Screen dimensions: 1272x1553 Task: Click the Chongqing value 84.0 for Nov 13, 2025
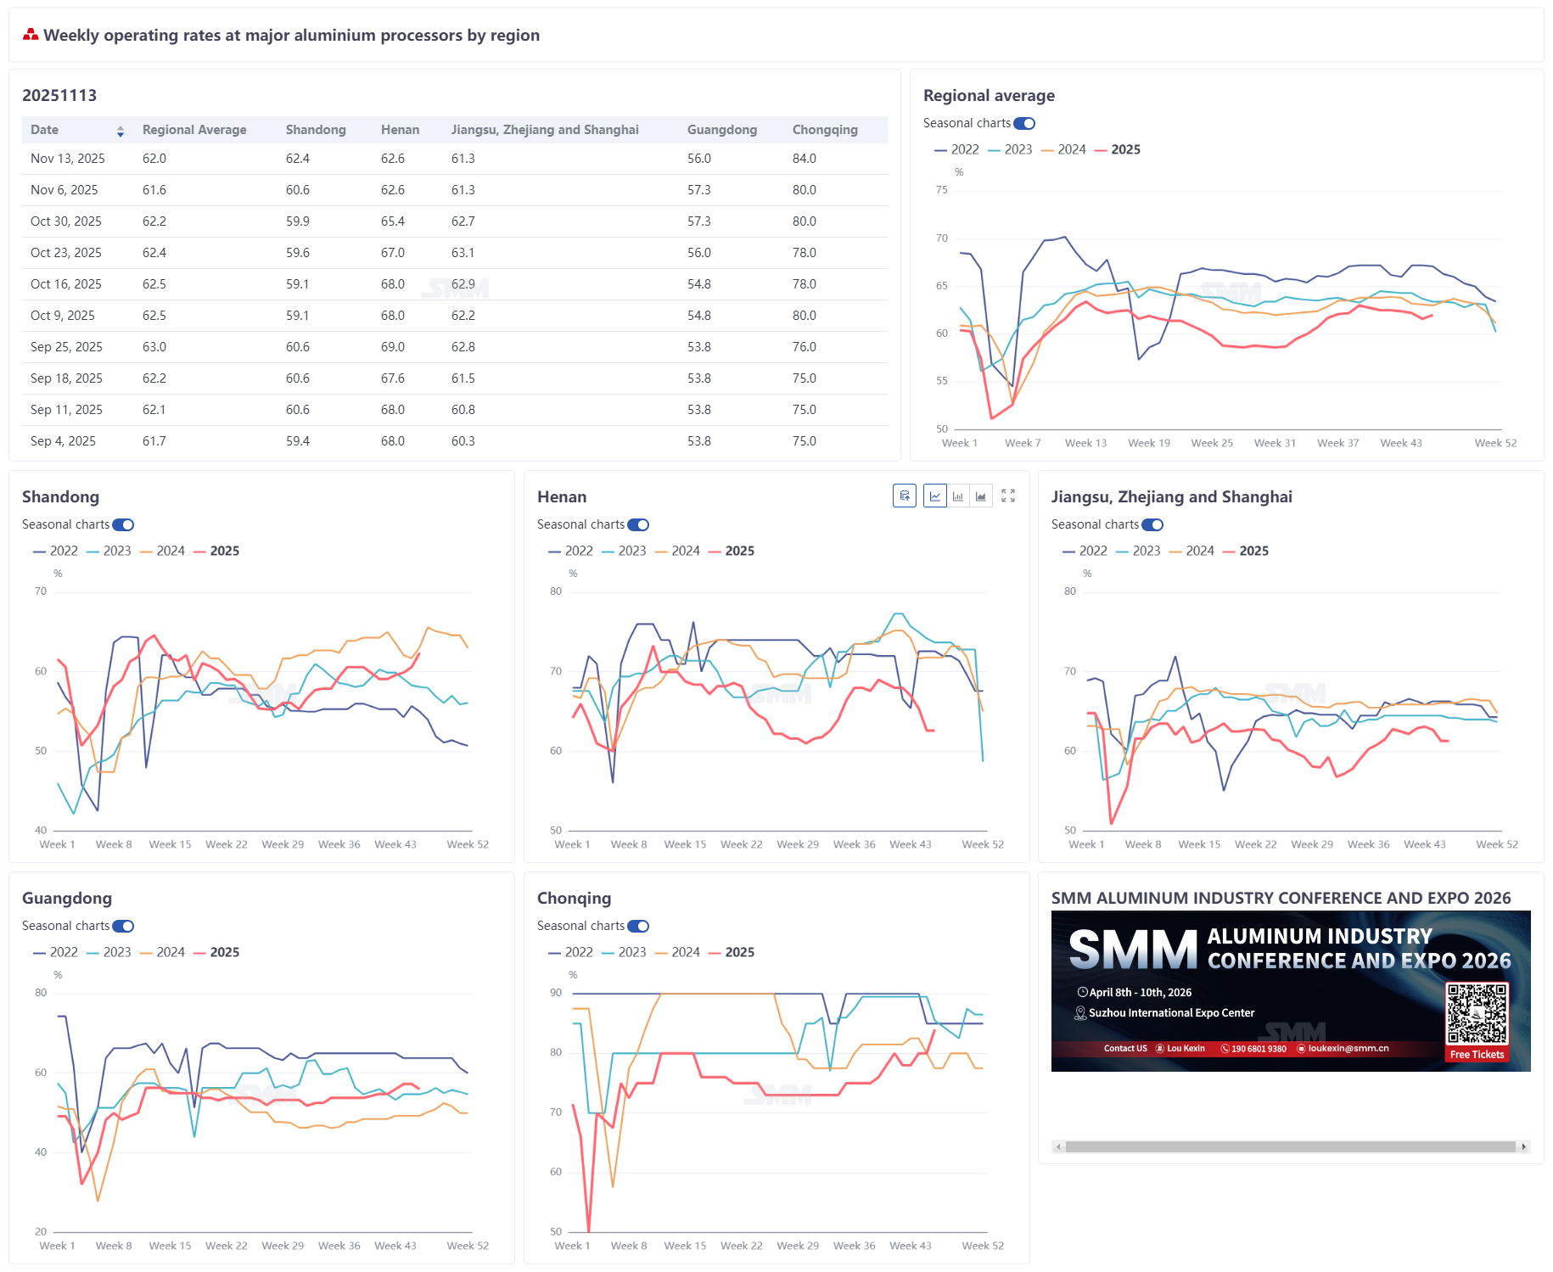(804, 159)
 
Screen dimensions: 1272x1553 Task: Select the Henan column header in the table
(400, 130)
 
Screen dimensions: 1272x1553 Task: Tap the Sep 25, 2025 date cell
(66, 347)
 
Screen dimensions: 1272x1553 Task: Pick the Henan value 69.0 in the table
(392, 347)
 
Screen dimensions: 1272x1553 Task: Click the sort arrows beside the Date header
(121, 131)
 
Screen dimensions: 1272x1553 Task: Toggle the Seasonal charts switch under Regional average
(1024, 124)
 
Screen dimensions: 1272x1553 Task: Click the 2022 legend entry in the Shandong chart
(56, 551)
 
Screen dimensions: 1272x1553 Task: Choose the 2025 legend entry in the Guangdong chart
(217, 952)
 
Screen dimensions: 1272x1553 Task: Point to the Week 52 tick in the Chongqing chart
(982, 1246)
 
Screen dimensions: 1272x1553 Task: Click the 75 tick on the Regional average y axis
(942, 190)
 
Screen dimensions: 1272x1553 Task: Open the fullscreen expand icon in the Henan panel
(1008, 496)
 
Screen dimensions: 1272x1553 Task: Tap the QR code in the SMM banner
(1477, 1013)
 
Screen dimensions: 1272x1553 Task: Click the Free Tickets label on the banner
(1477, 1055)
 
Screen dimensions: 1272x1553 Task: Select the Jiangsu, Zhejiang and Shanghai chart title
(1171, 497)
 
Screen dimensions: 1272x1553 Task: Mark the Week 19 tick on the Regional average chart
(1148, 443)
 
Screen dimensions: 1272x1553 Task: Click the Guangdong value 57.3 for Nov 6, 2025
(698, 190)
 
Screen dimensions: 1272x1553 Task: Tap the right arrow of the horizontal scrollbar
(1524, 1146)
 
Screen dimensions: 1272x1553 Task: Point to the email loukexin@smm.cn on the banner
(1348, 1049)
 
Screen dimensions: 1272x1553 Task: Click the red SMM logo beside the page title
(31, 35)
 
